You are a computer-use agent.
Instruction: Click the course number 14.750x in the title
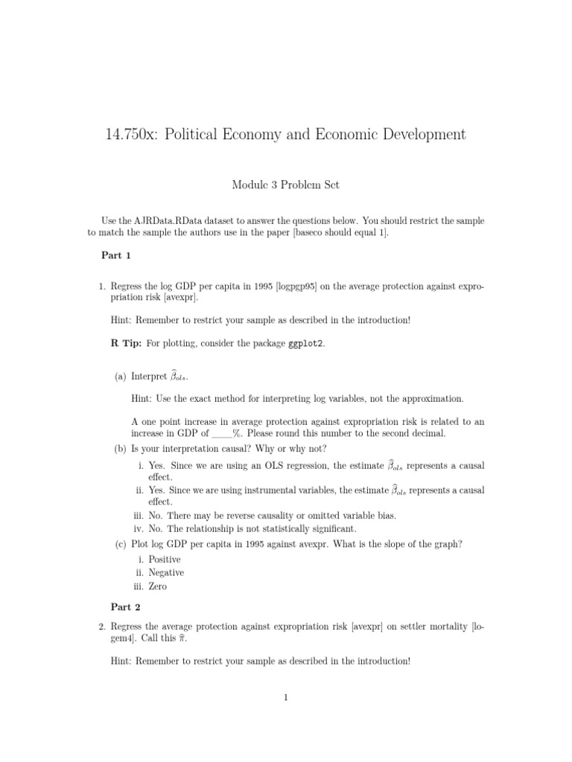(x=132, y=135)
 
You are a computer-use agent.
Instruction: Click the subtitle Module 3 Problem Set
(x=285, y=184)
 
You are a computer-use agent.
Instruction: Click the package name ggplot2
(x=306, y=343)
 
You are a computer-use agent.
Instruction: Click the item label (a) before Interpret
(x=120, y=377)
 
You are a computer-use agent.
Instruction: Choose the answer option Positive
(x=165, y=560)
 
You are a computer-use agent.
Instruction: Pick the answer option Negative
(x=166, y=573)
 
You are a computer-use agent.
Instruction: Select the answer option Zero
(x=158, y=586)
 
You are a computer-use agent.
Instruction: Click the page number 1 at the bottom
(x=285, y=697)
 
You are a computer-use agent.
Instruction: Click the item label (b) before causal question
(x=120, y=449)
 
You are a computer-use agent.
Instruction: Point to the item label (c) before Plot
(x=120, y=544)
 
